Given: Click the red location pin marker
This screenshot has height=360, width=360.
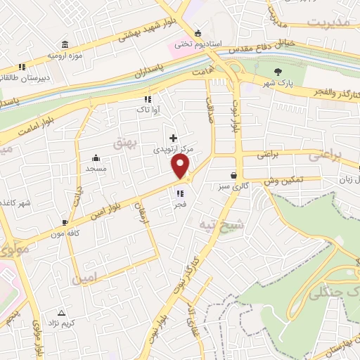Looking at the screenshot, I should click(181, 166).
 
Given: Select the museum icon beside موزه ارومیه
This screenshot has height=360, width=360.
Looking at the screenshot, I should click(65, 43).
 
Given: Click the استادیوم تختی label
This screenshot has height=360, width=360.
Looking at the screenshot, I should click(198, 44).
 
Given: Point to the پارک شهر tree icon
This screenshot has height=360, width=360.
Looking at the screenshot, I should click(278, 71).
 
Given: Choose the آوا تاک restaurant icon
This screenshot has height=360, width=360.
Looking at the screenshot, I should click(148, 99).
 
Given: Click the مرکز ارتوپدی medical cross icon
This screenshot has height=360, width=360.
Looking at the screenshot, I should click(173, 138).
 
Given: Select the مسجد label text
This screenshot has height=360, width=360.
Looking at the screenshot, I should click(96, 169).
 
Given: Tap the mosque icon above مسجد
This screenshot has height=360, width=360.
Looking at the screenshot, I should click(96, 157).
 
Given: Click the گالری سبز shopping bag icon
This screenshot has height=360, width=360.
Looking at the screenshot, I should click(233, 176).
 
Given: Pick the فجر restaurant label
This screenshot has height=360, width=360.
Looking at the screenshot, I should click(181, 205).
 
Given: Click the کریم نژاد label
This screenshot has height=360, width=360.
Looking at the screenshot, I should click(60, 323).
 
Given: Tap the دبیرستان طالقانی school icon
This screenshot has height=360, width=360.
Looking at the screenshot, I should click(22, 67).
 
